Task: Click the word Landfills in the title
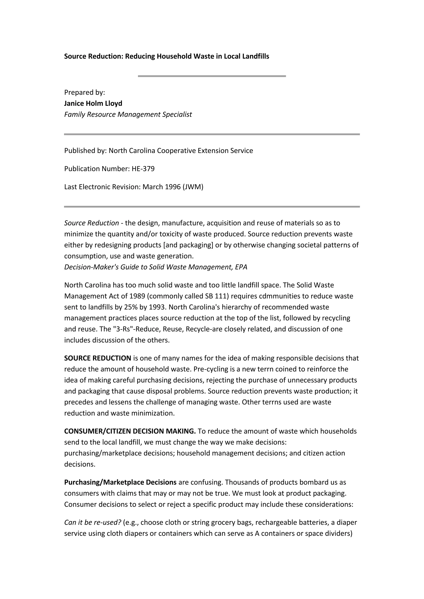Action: pos(255,56)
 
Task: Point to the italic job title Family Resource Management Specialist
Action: pos(128,115)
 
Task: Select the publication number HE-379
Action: pos(143,169)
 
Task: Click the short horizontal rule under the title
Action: pos(212,76)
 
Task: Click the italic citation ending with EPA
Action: pos(156,267)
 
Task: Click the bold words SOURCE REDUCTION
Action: pos(98,358)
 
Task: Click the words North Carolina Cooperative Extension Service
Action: pos(181,151)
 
